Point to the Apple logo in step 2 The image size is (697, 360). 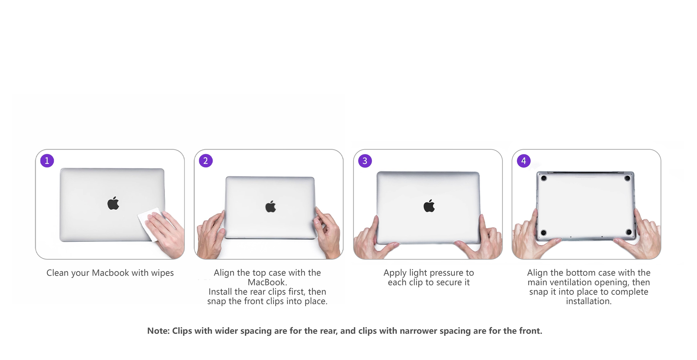tap(271, 207)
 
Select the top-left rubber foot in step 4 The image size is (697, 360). tap(544, 178)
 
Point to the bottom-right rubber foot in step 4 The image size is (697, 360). tap(629, 232)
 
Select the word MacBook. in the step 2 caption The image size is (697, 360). tap(267, 282)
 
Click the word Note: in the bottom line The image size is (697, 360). tap(158, 331)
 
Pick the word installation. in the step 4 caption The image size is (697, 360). tap(589, 301)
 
